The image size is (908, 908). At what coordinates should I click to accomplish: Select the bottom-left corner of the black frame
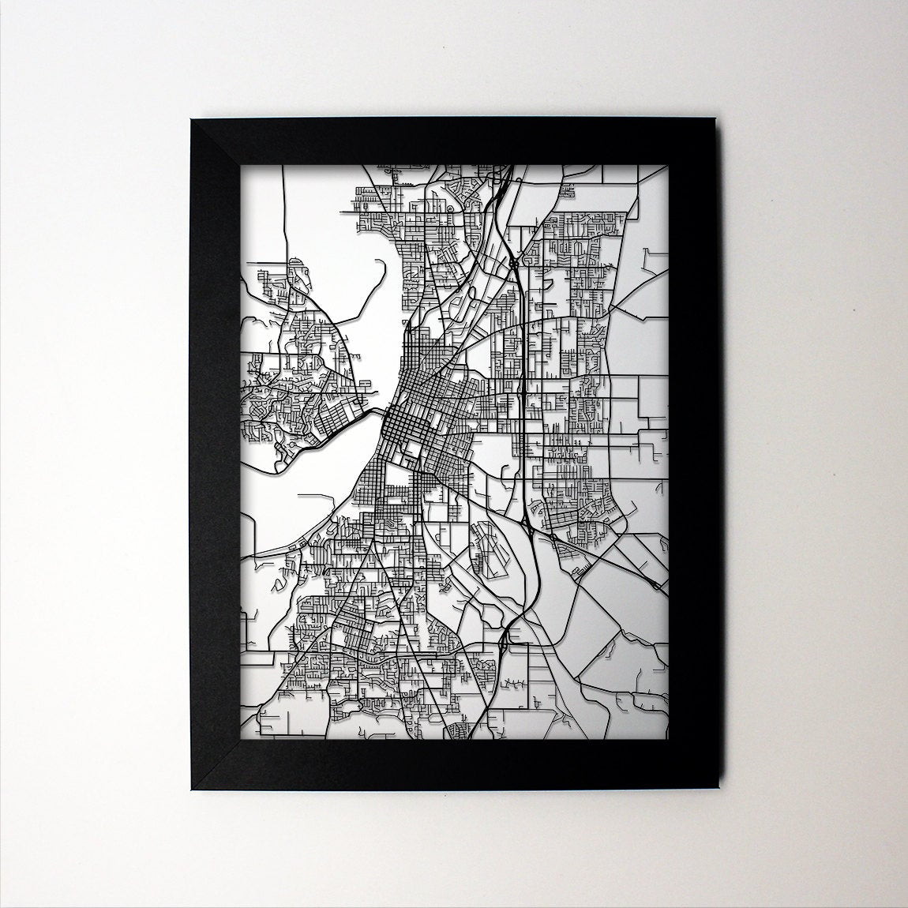189,790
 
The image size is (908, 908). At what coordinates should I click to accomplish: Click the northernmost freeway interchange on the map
512,261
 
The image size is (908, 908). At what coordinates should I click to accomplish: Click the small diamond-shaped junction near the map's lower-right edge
657,585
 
